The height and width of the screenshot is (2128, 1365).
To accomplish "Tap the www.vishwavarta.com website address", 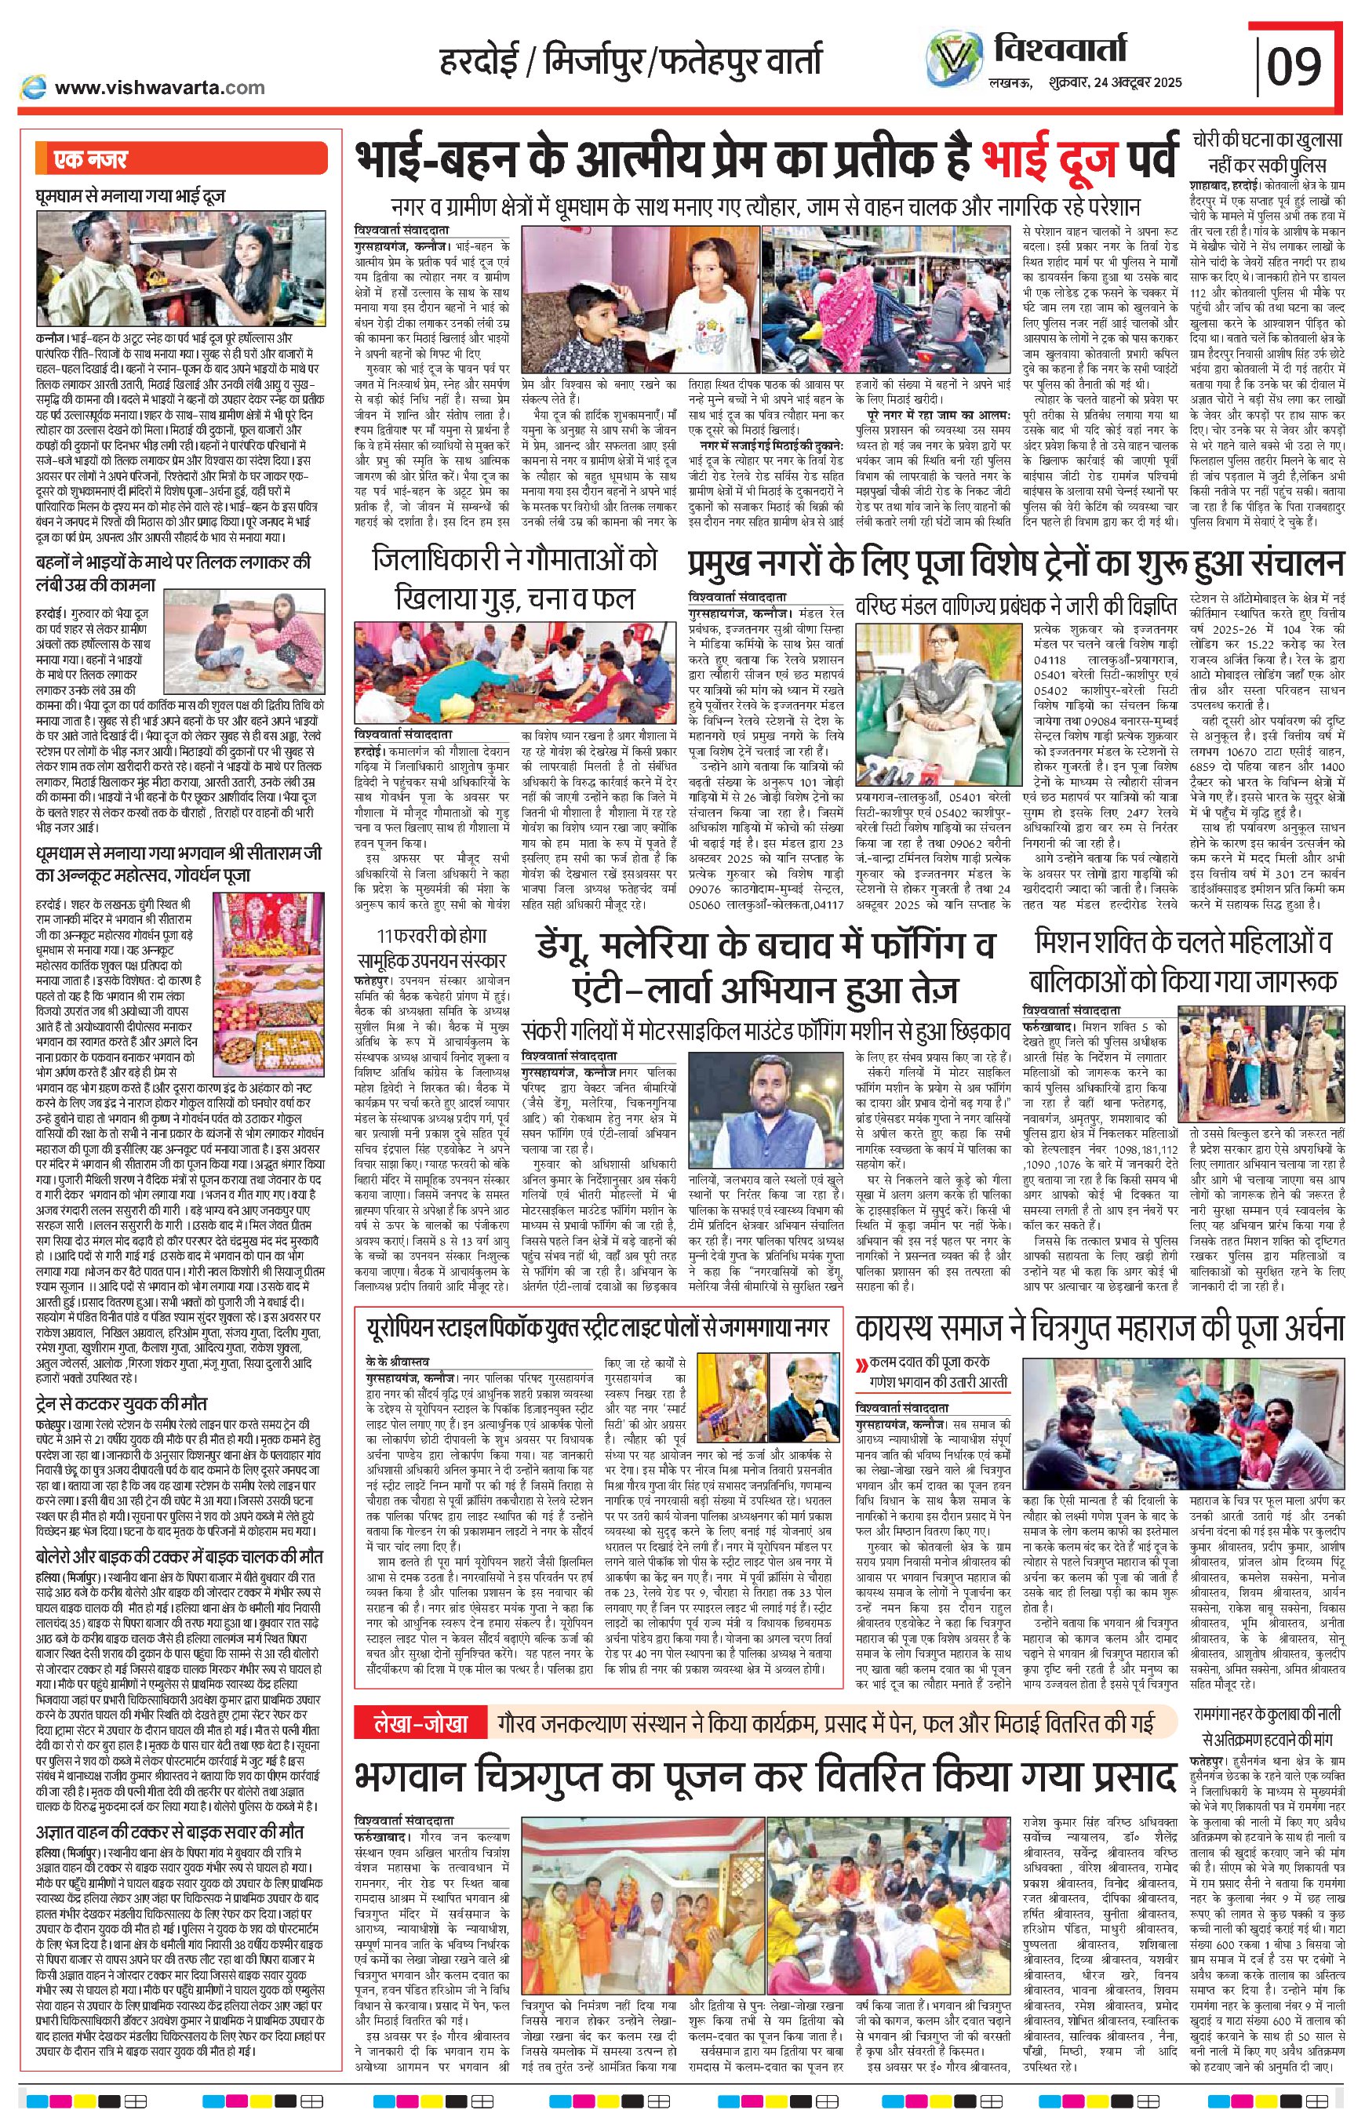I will (159, 87).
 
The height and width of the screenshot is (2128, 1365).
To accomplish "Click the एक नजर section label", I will (90, 161).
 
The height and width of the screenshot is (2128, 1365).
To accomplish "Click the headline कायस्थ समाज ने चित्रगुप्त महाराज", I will (1099, 1328).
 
